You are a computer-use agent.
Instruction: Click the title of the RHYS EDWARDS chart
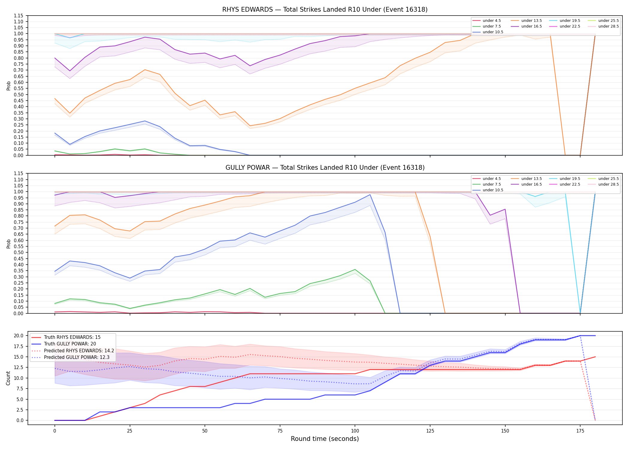(x=325, y=10)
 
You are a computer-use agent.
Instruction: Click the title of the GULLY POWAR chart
(x=325, y=168)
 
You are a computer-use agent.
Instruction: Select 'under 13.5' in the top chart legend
(x=531, y=21)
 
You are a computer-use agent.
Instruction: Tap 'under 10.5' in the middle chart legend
(x=493, y=190)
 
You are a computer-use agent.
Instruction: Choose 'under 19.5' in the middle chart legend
(x=570, y=179)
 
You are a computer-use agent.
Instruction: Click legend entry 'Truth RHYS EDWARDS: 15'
(x=72, y=337)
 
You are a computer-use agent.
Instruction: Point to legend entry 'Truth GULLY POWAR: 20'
(x=70, y=344)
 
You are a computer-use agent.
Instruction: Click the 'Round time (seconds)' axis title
(x=325, y=439)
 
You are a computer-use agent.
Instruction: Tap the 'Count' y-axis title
(x=8, y=378)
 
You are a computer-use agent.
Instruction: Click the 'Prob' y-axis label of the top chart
(x=8, y=86)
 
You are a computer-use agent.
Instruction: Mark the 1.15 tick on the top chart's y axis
(x=19, y=16)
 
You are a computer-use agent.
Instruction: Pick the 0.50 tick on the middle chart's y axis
(x=19, y=252)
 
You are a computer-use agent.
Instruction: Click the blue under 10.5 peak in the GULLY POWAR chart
(x=370, y=195)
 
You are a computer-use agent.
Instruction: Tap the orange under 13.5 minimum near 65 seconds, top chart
(x=250, y=126)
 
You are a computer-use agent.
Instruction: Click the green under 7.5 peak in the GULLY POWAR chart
(x=355, y=269)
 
